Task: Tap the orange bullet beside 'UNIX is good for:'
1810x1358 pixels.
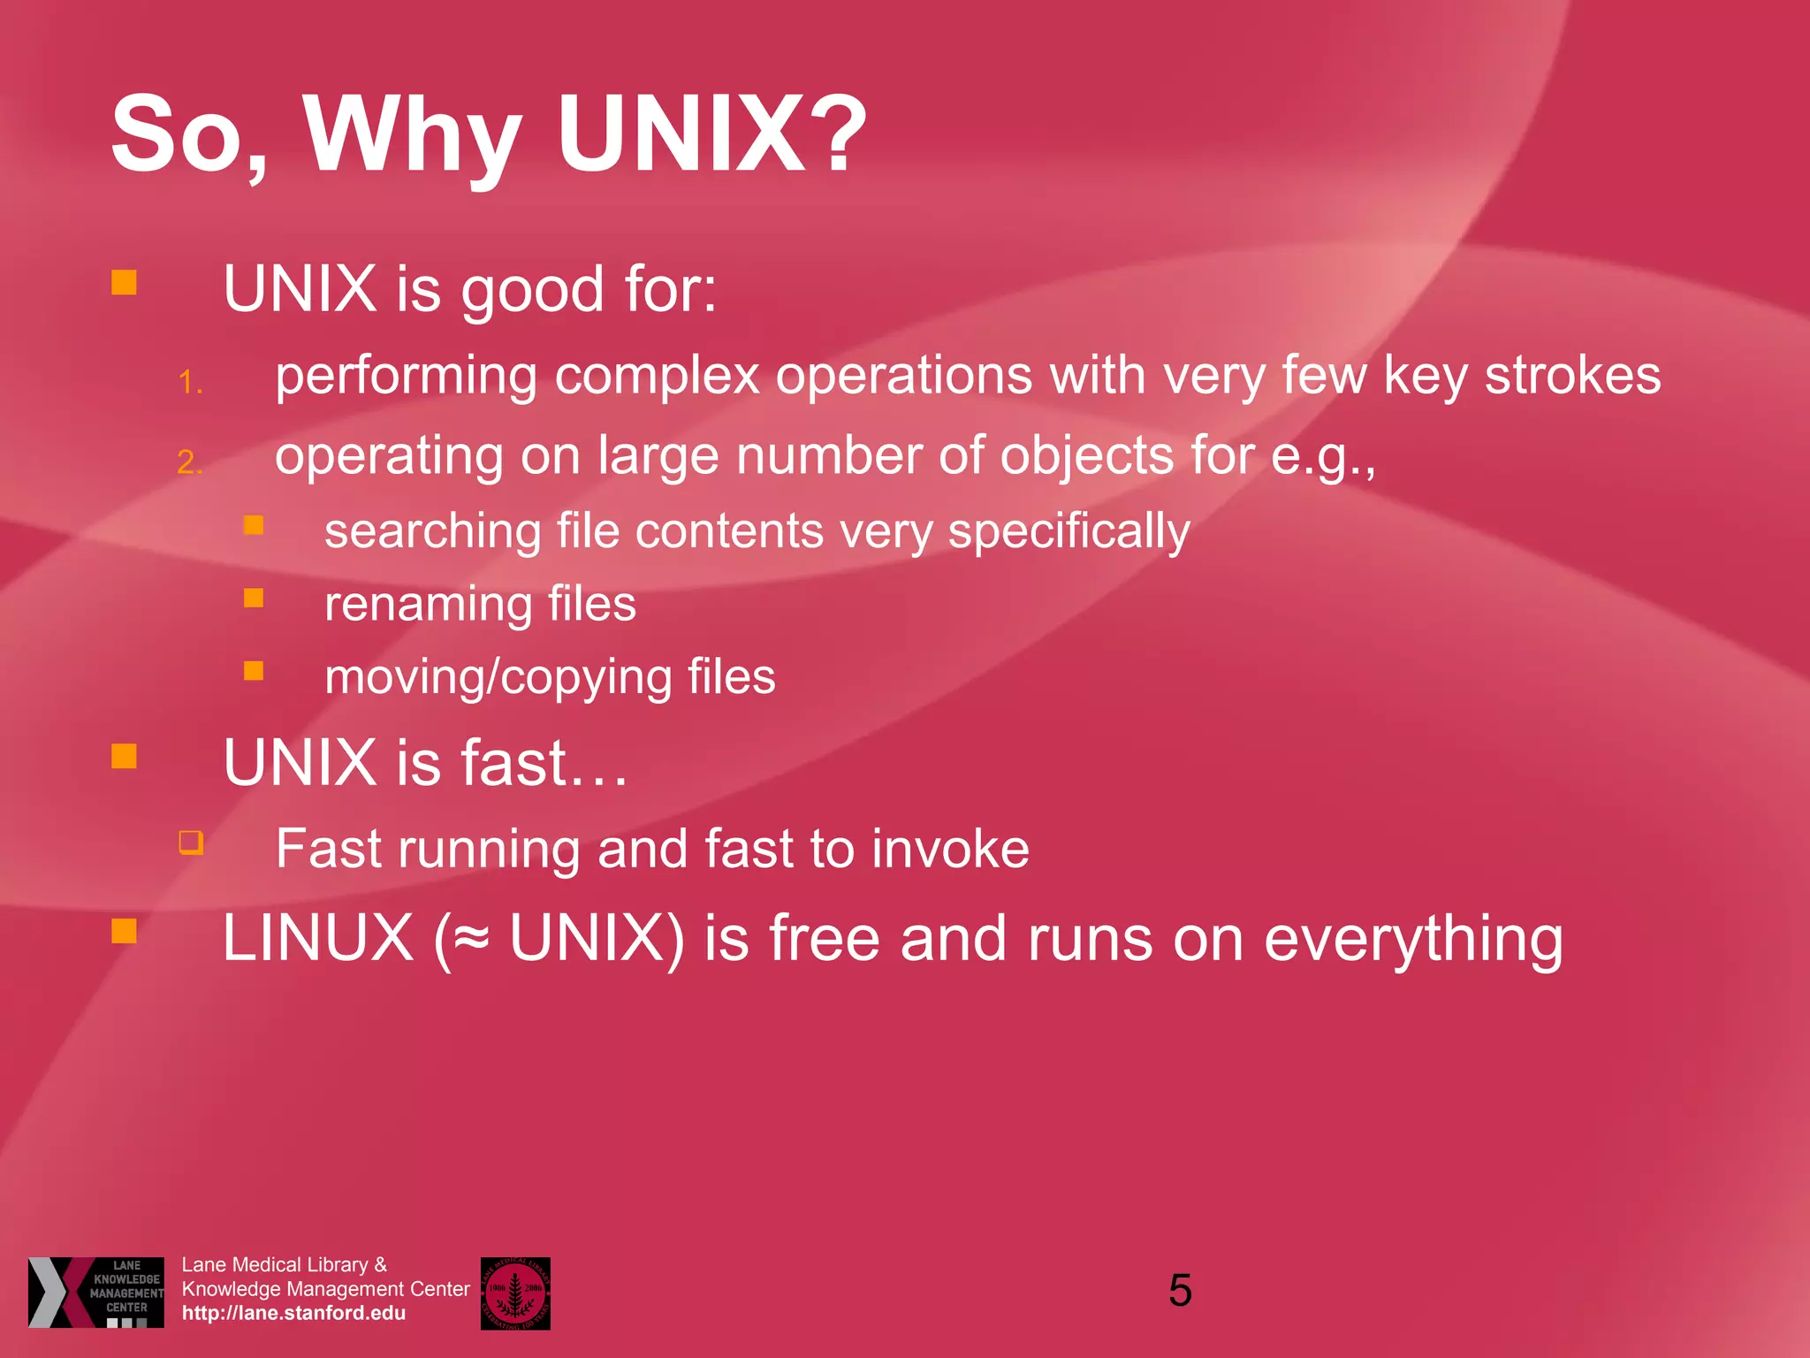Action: pos(124,283)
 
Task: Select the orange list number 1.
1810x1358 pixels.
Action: pos(190,382)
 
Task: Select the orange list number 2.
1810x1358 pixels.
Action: pos(190,462)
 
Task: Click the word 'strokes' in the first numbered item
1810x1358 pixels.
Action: pos(1572,375)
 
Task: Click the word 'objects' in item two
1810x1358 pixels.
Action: pos(1086,456)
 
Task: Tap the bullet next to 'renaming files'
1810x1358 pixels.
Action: pos(254,599)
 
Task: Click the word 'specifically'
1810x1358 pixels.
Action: pos(1069,532)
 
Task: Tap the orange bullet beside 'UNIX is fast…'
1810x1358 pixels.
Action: pos(124,756)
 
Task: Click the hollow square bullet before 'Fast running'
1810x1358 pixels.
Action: pos(191,842)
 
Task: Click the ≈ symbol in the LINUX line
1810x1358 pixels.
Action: pos(471,939)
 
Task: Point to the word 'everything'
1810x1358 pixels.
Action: pos(1413,939)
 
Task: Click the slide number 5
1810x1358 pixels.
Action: pos(1180,1291)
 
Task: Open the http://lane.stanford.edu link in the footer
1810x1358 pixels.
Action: pos(293,1313)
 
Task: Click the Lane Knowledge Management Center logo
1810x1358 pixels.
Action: pos(96,1292)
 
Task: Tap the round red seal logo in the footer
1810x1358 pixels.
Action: pos(515,1293)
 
